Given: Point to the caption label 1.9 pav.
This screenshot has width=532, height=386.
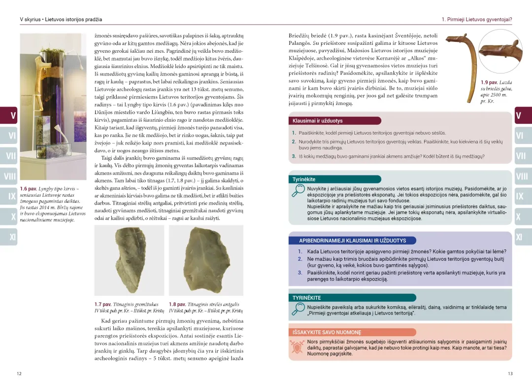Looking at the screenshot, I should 490,82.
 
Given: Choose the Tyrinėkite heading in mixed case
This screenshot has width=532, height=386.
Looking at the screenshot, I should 304,179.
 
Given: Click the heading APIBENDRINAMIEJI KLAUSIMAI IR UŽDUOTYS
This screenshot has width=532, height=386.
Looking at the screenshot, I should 352,241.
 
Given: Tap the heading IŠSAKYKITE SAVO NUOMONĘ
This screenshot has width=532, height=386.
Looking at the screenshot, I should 327,332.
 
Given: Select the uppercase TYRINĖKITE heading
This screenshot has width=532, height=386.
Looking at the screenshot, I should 306,298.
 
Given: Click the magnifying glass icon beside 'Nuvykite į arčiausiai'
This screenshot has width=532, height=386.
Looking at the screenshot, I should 298,193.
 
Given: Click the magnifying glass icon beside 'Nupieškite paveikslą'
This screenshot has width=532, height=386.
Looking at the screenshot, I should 298,309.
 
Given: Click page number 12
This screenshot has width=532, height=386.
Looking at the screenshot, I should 19,374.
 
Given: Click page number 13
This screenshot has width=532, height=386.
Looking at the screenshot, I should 510,374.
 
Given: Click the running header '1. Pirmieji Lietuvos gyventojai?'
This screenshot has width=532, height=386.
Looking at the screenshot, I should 476,20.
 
